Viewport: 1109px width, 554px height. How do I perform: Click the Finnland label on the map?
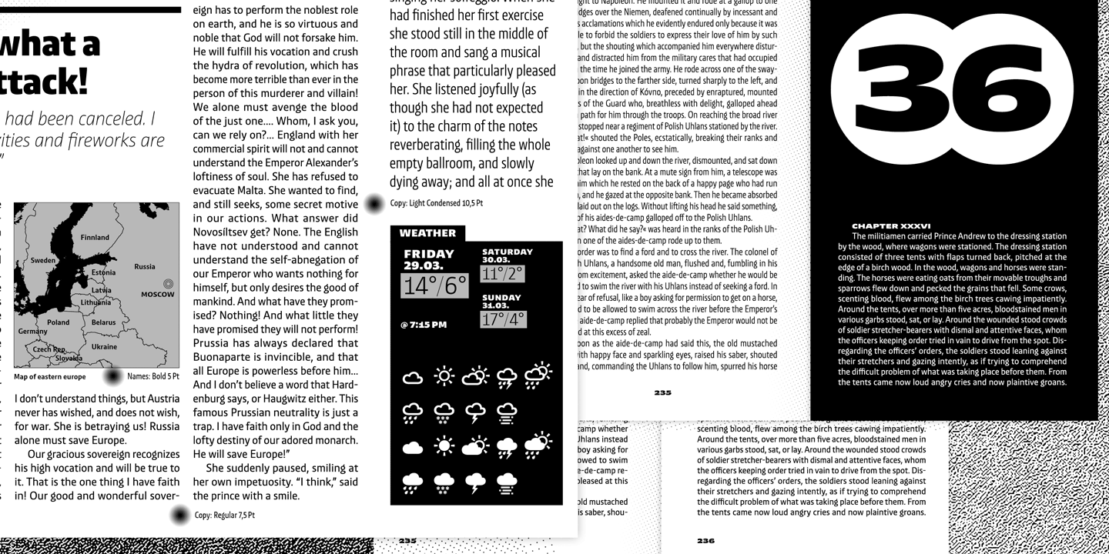click(95, 238)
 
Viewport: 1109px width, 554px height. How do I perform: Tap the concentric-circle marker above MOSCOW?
click(169, 283)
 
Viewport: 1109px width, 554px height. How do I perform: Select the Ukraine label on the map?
click(104, 347)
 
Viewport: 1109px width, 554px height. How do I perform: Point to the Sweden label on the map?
click(43, 260)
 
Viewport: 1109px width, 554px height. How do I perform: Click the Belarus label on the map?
click(103, 323)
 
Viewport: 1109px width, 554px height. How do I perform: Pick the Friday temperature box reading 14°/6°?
click(435, 286)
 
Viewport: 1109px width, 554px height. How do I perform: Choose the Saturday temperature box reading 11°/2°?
click(503, 273)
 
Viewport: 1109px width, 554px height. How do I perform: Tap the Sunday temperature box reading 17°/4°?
click(503, 319)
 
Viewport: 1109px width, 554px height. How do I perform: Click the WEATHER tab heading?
click(427, 233)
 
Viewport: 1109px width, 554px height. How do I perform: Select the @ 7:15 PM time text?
click(424, 325)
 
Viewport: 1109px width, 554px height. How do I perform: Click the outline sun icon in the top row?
click(444, 376)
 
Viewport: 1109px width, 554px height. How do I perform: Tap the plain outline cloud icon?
click(413, 377)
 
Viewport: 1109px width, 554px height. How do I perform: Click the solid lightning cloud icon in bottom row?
click(476, 483)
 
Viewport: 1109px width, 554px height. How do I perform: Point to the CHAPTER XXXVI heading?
click(891, 226)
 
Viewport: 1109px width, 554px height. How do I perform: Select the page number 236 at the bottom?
click(705, 541)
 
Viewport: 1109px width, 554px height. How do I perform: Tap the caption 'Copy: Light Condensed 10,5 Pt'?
click(436, 204)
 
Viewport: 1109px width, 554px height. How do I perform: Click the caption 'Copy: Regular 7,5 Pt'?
click(224, 516)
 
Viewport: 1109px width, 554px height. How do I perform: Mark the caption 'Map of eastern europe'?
click(50, 377)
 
